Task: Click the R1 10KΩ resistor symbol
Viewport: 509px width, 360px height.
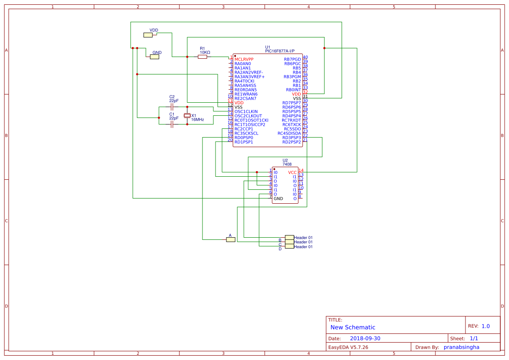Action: [x=202, y=57]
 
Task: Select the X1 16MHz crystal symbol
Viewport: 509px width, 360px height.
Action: [x=187, y=115]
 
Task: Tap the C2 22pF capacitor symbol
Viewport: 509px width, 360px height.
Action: [x=172, y=107]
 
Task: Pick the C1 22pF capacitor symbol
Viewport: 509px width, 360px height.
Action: [x=172, y=124]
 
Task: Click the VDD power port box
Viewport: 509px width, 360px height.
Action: [x=148, y=35]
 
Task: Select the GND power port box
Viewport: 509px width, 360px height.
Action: [x=155, y=57]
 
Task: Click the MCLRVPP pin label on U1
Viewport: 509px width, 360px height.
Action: [x=244, y=59]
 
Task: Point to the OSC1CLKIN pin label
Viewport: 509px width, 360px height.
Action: [x=246, y=111]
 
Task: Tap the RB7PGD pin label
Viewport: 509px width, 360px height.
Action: [x=292, y=59]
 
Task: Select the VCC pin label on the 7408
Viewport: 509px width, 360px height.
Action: [x=292, y=172]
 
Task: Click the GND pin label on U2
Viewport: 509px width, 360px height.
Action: [x=278, y=199]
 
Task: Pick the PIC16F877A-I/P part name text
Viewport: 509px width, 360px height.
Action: [x=283, y=51]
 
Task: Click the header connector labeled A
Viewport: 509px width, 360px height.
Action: [x=231, y=239]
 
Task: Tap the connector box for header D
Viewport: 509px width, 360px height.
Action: [x=290, y=247]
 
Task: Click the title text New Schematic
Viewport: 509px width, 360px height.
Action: [x=353, y=327]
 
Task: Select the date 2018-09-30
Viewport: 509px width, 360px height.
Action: [x=365, y=338]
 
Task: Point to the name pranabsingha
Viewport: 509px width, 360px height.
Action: [x=461, y=347]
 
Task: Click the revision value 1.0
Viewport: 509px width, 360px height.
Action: [x=485, y=326]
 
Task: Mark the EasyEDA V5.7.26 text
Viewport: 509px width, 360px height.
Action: [x=348, y=347]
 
